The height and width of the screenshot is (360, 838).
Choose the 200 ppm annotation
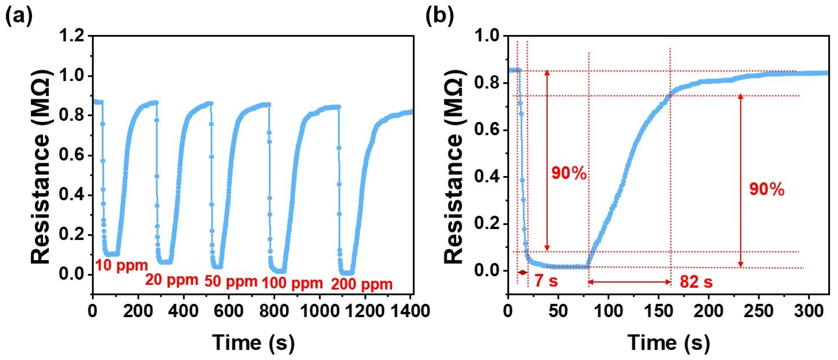pos(362,284)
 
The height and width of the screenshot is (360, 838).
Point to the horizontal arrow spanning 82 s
pos(630,282)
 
